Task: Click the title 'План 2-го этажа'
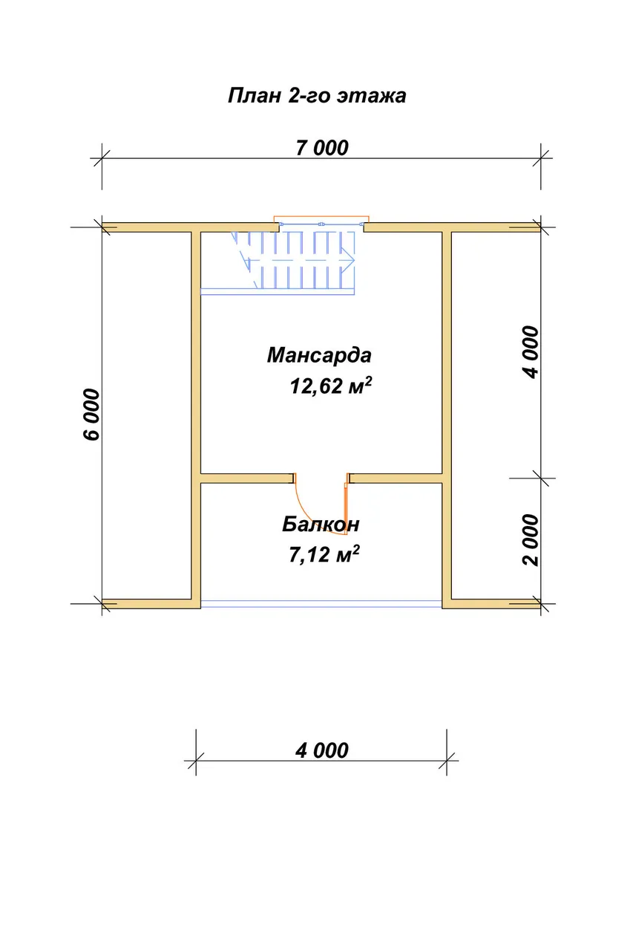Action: pyautogui.click(x=317, y=96)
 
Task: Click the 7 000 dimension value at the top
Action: pyautogui.click(x=322, y=148)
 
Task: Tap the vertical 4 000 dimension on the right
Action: pyautogui.click(x=531, y=352)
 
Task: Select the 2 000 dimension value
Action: pyautogui.click(x=531, y=540)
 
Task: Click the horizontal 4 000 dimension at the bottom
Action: pyautogui.click(x=322, y=798)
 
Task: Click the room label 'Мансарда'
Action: pyautogui.click(x=319, y=355)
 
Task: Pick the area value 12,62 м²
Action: pyautogui.click(x=331, y=386)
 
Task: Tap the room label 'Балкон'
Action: pyautogui.click(x=321, y=525)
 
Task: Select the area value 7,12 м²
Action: pyautogui.click(x=324, y=554)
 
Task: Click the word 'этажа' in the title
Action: pyautogui.click(x=371, y=97)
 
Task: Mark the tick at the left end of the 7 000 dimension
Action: pyautogui.click(x=102, y=159)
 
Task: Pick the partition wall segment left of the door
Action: pyautogui.click(x=247, y=478)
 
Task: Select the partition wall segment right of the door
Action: pyautogui.click(x=396, y=478)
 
